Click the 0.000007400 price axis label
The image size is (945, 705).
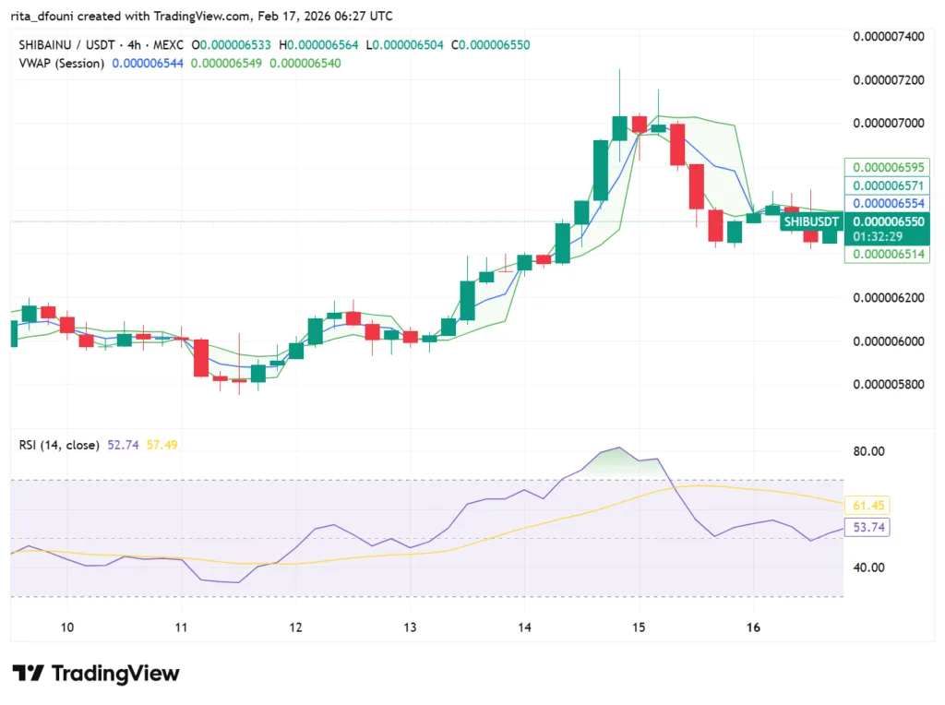tap(887, 36)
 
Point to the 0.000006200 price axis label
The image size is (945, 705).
tap(887, 297)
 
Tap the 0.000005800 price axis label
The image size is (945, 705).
tap(887, 384)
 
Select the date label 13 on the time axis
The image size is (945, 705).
tap(410, 627)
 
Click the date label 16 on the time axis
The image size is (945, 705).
tap(753, 627)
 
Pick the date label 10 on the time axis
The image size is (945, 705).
tap(67, 627)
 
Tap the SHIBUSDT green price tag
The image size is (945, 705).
tap(811, 221)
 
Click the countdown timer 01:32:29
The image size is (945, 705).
tap(878, 237)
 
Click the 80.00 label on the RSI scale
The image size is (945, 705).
tap(868, 451)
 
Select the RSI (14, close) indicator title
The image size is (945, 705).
tap(59, 445)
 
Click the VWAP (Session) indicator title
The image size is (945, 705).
tap(61, 63)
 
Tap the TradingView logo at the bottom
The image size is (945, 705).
tap(96, 674)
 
